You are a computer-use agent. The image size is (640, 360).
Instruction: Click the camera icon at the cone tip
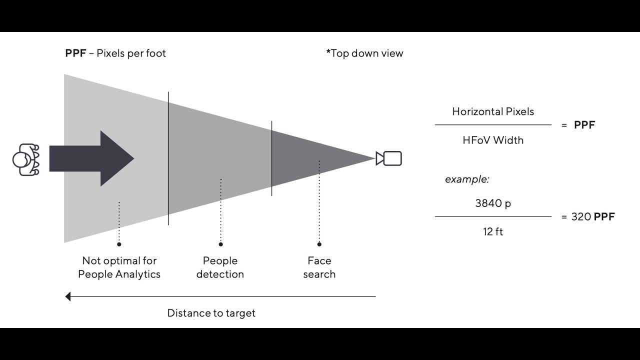[x=389, y=158]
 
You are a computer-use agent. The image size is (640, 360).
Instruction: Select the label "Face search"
[x=319, y=267]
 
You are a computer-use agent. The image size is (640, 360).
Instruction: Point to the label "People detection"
[x=220, y=267]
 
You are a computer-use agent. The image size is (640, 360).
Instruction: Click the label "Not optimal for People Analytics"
[x=119, y=267]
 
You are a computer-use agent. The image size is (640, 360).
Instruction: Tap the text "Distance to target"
[x=211, y=313]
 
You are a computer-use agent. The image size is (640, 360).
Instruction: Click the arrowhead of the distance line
[x=68, y=296]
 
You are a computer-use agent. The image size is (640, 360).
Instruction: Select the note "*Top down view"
[x=364, y=53]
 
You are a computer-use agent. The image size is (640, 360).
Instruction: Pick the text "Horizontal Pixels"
[x=493, y=111]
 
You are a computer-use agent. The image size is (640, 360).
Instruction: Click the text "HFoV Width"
[x=493, y=140]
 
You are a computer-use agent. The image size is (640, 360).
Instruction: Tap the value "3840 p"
[x=493, y=203]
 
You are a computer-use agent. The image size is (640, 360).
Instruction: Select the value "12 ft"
[x=493, y=232]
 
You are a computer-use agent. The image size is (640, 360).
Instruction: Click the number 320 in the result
[x=581, y=217]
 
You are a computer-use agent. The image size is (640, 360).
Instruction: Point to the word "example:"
[x=467, y=179]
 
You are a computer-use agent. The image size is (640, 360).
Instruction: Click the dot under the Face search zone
[x=319, y=244]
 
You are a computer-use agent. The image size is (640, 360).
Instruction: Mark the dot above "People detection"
[x=220, y=244]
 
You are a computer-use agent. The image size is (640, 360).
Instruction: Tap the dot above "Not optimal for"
[x=119, y=244]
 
